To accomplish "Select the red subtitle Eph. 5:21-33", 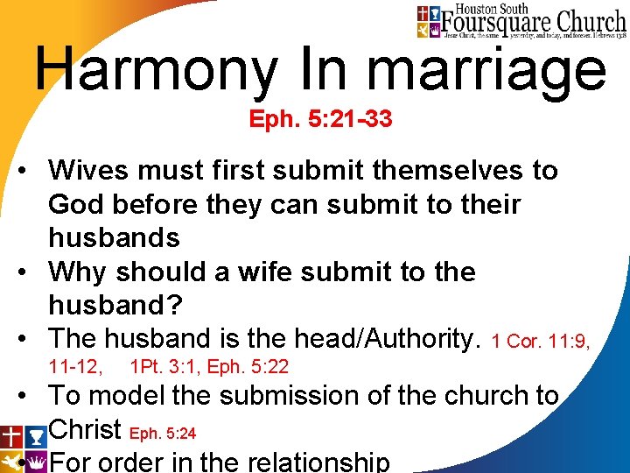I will coord(320,119).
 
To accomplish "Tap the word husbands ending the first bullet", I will coord(114,238).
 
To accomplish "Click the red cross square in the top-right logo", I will coord(423,13).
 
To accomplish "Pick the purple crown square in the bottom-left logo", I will coord(36,462).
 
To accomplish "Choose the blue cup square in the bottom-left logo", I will coord(36,436).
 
